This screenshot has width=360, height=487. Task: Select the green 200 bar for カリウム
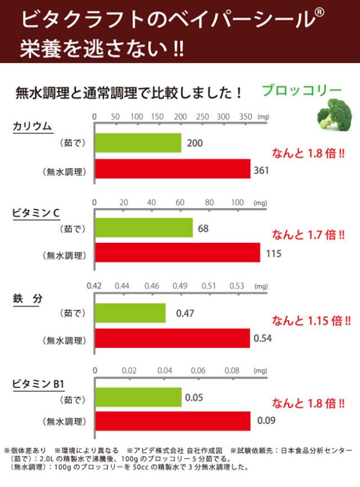tap(137, 143)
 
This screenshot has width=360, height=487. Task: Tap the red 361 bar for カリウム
tap(172, 169)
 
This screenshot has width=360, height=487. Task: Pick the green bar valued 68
tap(143, 228)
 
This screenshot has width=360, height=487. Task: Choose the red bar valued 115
tap(177, 253)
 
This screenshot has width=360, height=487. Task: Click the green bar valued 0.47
tap(130, 313)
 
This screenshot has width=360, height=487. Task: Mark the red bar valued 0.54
tap(172, 339)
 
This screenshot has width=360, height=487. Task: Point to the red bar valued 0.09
tap(172, 421)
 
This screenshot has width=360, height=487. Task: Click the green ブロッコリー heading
tap(302, 91)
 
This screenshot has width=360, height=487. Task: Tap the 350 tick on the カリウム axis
tap(245, 116)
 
